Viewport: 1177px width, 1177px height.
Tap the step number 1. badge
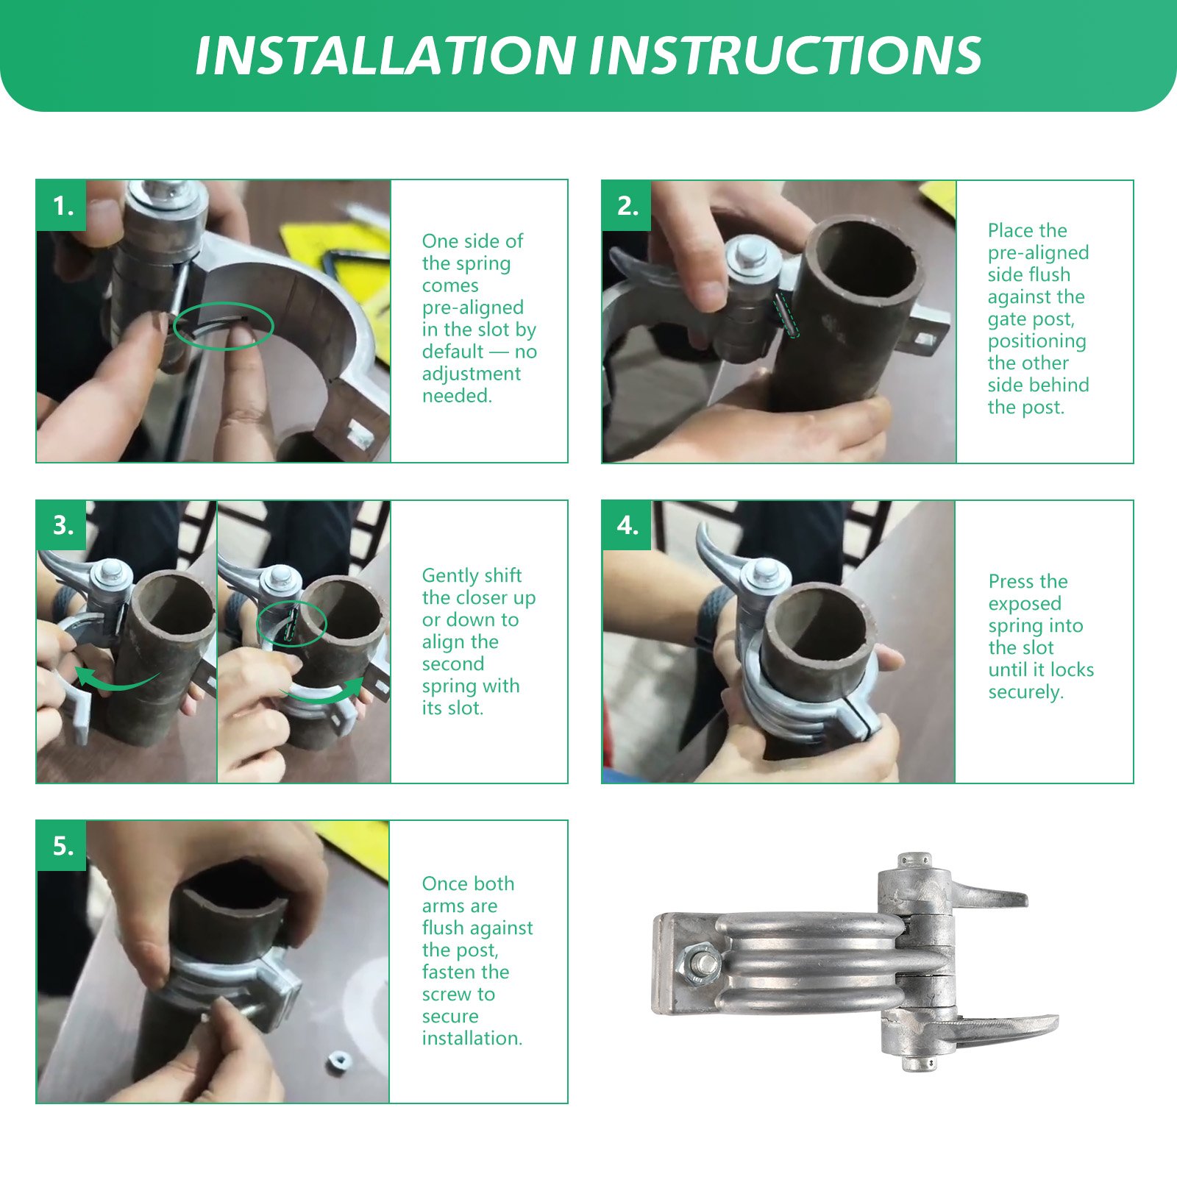click(x=61, y=205)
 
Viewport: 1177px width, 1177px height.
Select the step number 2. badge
click(x=627, y=205)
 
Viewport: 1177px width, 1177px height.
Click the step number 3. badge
click(x=61, y=525)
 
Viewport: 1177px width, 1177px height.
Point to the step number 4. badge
click(x=627, y=525)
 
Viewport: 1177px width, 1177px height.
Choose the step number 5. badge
click(x=61, y=846)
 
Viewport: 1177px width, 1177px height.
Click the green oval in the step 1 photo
click(x=223, y=302)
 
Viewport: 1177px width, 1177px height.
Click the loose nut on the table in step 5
click(x=338, y=1062)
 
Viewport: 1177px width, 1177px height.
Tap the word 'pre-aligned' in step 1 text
click(x=473, y=307)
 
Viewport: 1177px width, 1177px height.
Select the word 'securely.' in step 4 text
click(x=1026, y=692)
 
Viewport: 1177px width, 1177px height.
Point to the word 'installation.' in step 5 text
click(x=472, y=1038)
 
